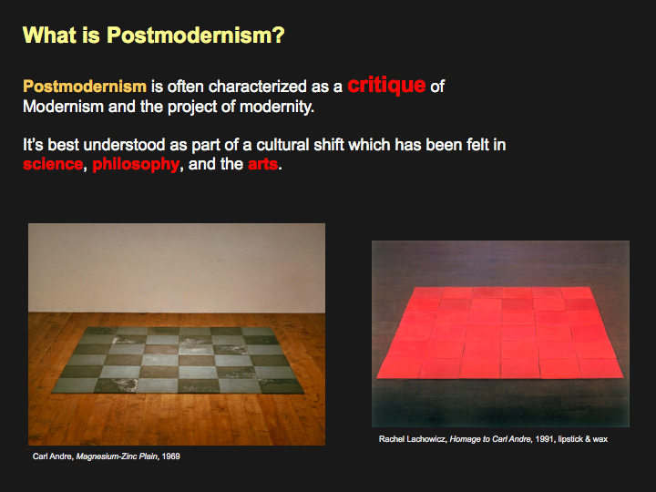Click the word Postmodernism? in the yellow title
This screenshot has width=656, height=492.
195,36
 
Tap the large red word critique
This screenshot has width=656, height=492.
386,85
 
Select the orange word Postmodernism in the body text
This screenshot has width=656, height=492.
85,87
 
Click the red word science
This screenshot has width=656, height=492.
53,164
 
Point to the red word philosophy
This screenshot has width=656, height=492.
136,164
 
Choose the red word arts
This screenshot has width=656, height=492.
262,164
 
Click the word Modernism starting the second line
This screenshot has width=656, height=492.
63,107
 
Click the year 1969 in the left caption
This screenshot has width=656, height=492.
170,456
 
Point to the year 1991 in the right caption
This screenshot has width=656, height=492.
544,439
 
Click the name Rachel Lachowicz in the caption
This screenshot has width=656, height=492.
413,439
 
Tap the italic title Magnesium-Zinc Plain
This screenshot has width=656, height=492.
117,456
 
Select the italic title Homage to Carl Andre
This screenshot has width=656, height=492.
490,439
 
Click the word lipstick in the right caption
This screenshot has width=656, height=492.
569,439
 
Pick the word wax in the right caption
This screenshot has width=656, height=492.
600,440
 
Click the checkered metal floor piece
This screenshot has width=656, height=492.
178,360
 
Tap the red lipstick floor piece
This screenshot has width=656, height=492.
500,333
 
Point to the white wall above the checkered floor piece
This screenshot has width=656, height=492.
177,268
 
